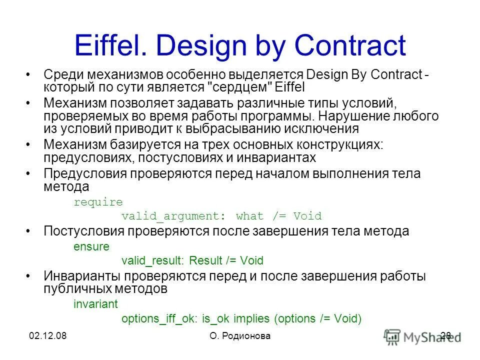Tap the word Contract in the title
point(350,46)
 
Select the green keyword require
point(98,202)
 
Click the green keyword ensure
point(91,246)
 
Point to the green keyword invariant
point(95,304)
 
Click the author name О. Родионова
point(240,336)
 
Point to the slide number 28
point(446,336)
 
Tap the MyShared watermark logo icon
point(392,336)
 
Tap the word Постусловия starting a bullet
point(82,231)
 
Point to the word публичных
point(78,289)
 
